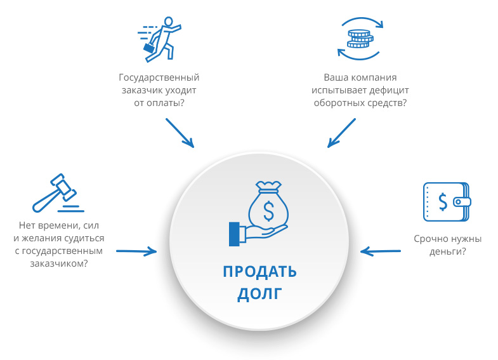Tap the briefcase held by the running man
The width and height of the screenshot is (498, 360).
(148, 48)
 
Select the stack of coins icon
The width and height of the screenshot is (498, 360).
(360, 39)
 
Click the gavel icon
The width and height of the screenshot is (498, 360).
(57, 193)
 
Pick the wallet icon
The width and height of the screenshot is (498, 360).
(447, 202)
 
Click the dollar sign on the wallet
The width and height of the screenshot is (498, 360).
(443, 202)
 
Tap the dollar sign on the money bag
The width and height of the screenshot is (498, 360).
(269, 211)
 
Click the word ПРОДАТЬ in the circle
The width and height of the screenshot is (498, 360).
(260, 272)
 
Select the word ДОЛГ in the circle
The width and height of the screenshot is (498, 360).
(260, 294)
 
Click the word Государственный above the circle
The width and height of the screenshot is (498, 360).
(159, 77)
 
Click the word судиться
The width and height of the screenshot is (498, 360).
(84, 238)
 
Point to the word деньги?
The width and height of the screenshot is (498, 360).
(447, 251)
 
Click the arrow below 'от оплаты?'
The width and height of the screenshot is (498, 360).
(180, 133)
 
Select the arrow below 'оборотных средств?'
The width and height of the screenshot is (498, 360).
(341, 133)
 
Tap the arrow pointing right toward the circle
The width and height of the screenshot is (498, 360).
(136, 251)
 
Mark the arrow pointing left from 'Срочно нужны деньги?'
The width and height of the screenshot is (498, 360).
(381, 251)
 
